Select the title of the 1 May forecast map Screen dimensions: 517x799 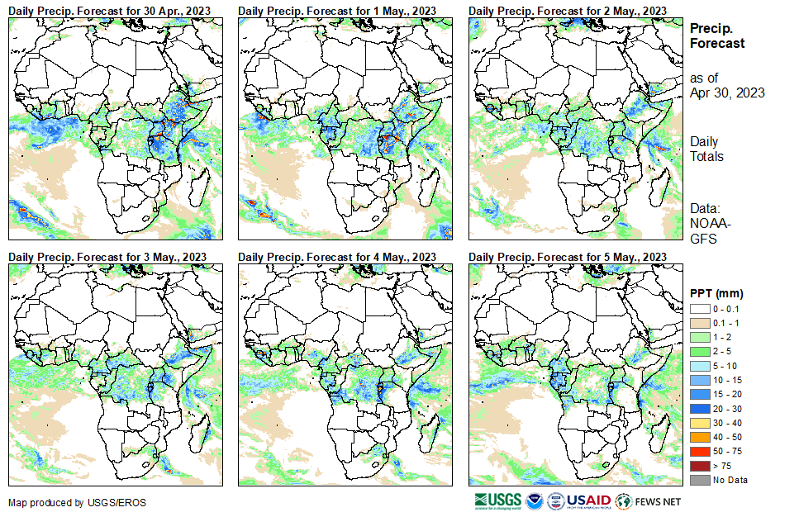pyautogui.click(x=337, y=10)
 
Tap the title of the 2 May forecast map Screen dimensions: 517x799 pyautogui.click(x=568, y=10)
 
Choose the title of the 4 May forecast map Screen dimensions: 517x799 pyautogui.click(x=337, y=257)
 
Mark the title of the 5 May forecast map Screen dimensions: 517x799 pyautogui.click(x=568, y=257)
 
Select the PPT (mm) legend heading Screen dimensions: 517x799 pyautogui.click(x=716, y=293)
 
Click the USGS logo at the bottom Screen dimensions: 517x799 pyautogui.click(x=497, y=500)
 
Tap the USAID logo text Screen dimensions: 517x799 pyautogui.click(x=587, y=500)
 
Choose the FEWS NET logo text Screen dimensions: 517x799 pyautogui.click(x=659, y=501)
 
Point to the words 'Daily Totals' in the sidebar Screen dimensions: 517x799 pyautogui.click(x=706, y=149)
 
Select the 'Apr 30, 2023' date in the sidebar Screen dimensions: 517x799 pyautogui.click(x=727, y=92)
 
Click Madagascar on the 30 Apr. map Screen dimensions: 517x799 pyautogui.click(x=199, y=188)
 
